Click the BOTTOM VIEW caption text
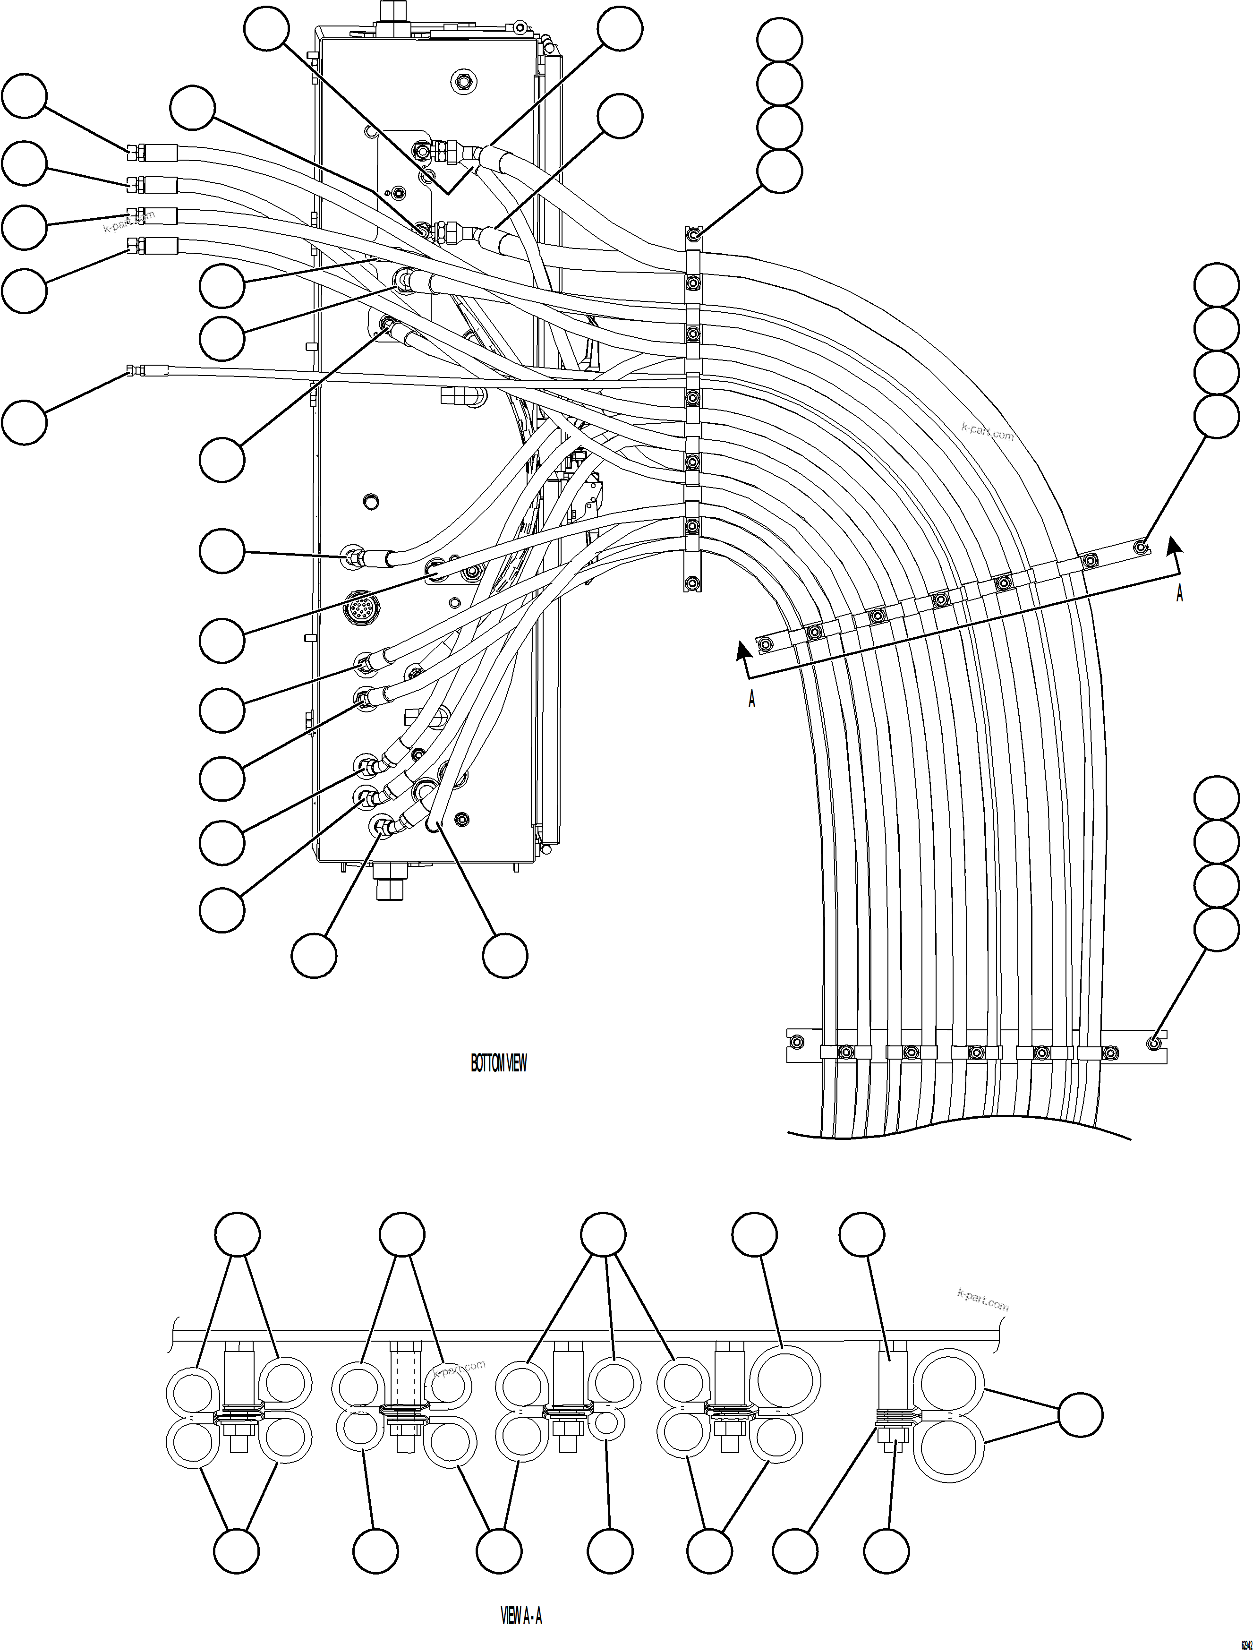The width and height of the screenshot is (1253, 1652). [x=498, y=1063]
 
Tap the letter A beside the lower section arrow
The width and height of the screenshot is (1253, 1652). [x=752, y=699]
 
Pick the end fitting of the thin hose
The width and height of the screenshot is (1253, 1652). [x=131, y=370]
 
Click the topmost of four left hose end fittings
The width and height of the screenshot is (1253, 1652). [x=132, y=153]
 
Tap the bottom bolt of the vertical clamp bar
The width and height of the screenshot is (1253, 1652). [x=693, y=582]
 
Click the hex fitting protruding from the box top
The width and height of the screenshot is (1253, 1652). [x=389, y=13]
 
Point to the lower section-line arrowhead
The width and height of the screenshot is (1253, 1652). [x=743, y=651]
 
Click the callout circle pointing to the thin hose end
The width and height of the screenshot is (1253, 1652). [x=25, y=421]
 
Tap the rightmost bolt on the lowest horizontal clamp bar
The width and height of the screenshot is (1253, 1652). [x=1154, y=1040]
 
